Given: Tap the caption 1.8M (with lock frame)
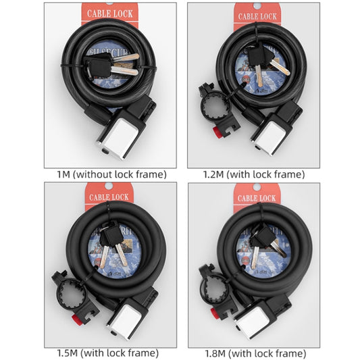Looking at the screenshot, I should tap(255, 353).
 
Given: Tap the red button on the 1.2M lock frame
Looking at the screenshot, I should tap(218, 130).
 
